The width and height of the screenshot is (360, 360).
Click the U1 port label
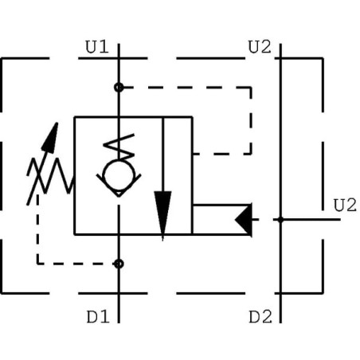[97, 47]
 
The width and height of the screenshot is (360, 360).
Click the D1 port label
[98, 317]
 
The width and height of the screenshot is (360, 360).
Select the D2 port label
[260, 317]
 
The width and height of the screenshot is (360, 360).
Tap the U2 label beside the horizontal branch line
[345, 205]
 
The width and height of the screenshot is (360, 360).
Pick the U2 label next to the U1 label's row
[260, 47]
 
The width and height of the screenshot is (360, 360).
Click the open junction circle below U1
[119, 87]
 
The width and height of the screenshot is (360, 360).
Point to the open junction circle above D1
[119, 264]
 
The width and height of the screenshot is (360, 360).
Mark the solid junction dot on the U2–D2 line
[280, 220]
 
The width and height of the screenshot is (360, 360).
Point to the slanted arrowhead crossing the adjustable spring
[50, 137]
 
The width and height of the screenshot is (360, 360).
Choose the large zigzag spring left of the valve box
[50, 176]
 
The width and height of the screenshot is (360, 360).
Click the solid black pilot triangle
[244, 220]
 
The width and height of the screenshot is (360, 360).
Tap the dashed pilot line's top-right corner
[251, 87]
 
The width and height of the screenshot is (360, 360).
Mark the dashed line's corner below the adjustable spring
[37, 264]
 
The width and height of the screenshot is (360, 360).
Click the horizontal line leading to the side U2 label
[311, 220]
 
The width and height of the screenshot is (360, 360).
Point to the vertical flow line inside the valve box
[162, 178]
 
